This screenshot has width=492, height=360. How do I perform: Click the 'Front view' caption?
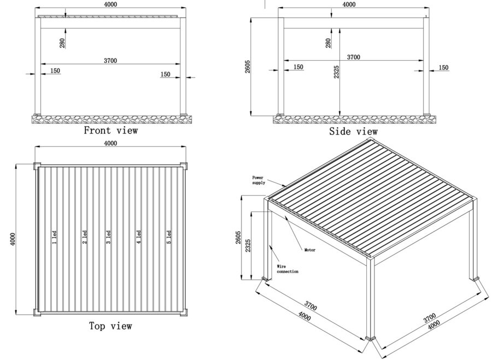(110, 131)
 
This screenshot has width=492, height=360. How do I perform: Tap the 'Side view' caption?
(353, 132)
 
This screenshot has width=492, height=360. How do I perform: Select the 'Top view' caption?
(110, 326)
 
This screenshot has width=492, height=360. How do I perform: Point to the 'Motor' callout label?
(309, 250)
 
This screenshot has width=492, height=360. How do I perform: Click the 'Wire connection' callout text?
(288, 268)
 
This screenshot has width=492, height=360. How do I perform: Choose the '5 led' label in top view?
(169, 237)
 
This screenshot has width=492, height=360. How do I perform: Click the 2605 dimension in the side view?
(248, 67)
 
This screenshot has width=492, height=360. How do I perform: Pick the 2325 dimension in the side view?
(337, 72)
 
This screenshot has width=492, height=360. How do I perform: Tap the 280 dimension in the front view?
(62, 43)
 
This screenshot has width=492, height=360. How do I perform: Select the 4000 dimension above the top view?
(110, 144)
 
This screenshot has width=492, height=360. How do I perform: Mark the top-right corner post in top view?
(185, 166)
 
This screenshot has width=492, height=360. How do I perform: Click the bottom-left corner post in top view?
(37, 312)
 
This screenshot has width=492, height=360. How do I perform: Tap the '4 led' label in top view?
(138, 237)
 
